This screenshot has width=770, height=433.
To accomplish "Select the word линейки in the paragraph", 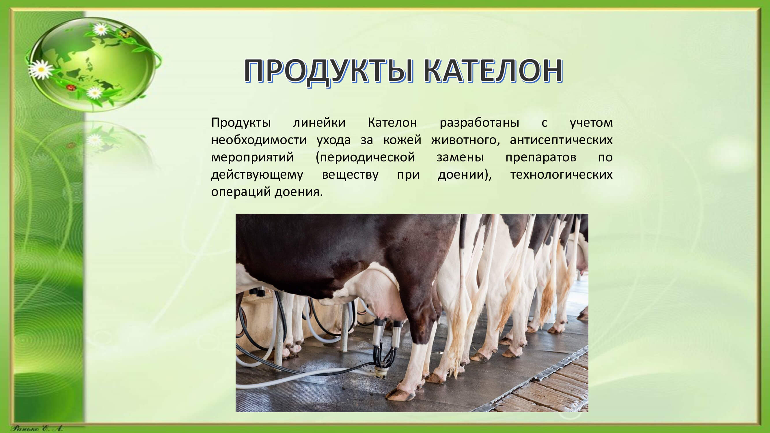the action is coord(319,123).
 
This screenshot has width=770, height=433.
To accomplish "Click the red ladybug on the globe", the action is coord(71,87).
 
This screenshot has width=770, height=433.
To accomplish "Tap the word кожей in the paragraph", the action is coord(402,140).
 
